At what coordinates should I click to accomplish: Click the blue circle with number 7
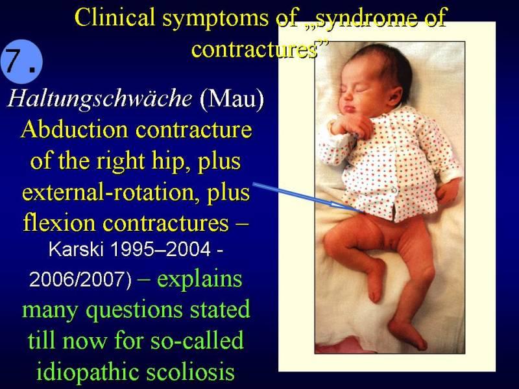click(x=22, y=62)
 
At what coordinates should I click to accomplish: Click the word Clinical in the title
click(x=115, y=18)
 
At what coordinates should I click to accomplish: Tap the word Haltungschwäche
click(x=100, y=99)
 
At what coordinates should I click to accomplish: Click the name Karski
click(x=76, y=249)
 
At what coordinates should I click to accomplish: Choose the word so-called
click(x=197, y=341)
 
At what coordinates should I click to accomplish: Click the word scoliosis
click(x=190, y=371)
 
